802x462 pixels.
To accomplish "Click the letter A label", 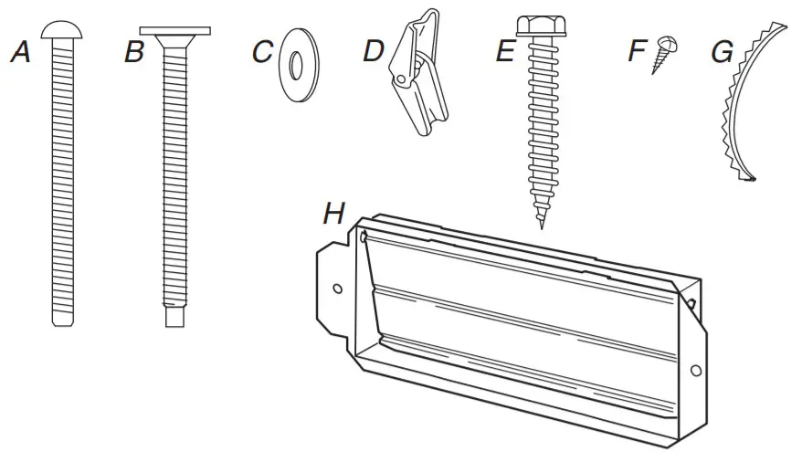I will [x=20, y=52].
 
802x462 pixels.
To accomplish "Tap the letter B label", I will [x=134, y=52].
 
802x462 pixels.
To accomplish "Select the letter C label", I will [x=262, y=52].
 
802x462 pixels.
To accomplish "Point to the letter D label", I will [x=373, y=51].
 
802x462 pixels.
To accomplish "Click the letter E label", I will [x=504, y=52].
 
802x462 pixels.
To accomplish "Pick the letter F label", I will [x=637, y=51].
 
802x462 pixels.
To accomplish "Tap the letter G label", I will [x=721, y=52].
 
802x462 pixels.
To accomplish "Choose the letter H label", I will [x=334, y=215].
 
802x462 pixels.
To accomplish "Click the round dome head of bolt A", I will [x=61, y=31].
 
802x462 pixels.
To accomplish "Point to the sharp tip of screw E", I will [x=541, y=224].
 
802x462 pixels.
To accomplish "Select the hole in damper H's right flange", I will [x=696, y=370].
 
